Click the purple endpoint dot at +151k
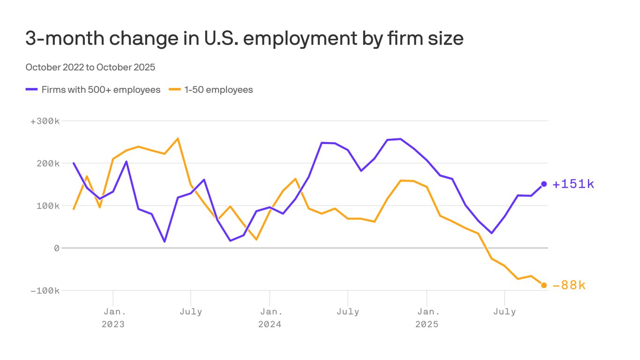(544, 184)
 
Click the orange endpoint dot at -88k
(544, 285)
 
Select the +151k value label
(573, 184)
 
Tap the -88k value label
(569, 285)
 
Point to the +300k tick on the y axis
(45, 121)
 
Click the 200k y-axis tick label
(48, 163)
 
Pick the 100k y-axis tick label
(48, 206)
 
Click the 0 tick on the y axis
(57, 248)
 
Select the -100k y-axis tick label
(45, 291)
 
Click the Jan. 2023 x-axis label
(113, 318)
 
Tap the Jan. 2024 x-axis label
(270, 318)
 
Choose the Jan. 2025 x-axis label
(427, 318)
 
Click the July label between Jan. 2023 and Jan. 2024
(191, 312)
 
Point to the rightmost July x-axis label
(504, 312)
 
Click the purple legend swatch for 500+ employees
(31, 90)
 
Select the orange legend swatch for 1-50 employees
(175, 90)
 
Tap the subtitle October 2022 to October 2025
(90, 67)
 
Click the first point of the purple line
(74, 163)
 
